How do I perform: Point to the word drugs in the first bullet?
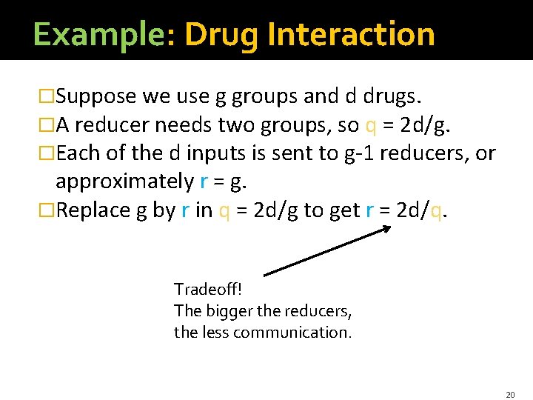[x=393, y=96]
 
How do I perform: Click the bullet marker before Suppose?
[x=47, y=96]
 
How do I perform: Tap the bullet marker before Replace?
[x=47, y=210]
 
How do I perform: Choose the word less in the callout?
[x=212, y=332]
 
